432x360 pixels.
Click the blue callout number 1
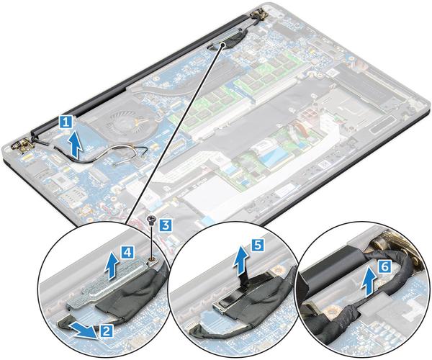(66, 123)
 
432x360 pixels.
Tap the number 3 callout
(164, 225)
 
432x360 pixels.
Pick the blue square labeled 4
(127, 253)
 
